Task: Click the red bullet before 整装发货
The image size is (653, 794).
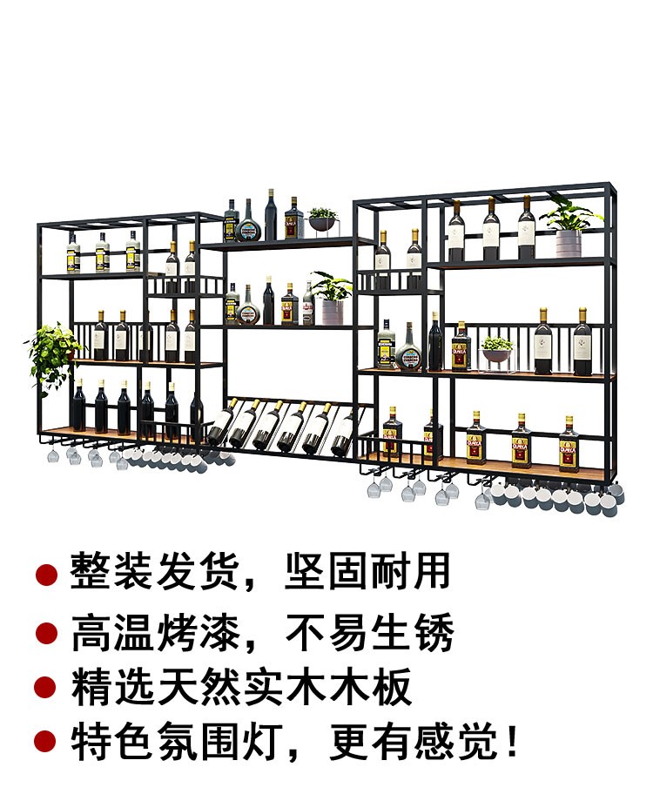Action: tap(46, 574)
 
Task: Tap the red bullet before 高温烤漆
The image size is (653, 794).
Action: tap(46, 632)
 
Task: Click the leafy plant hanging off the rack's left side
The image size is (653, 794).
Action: tap(52, 353)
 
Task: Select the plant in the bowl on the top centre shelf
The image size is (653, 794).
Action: tap(322, 219)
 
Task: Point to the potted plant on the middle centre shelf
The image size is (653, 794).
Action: tap(332, 297)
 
